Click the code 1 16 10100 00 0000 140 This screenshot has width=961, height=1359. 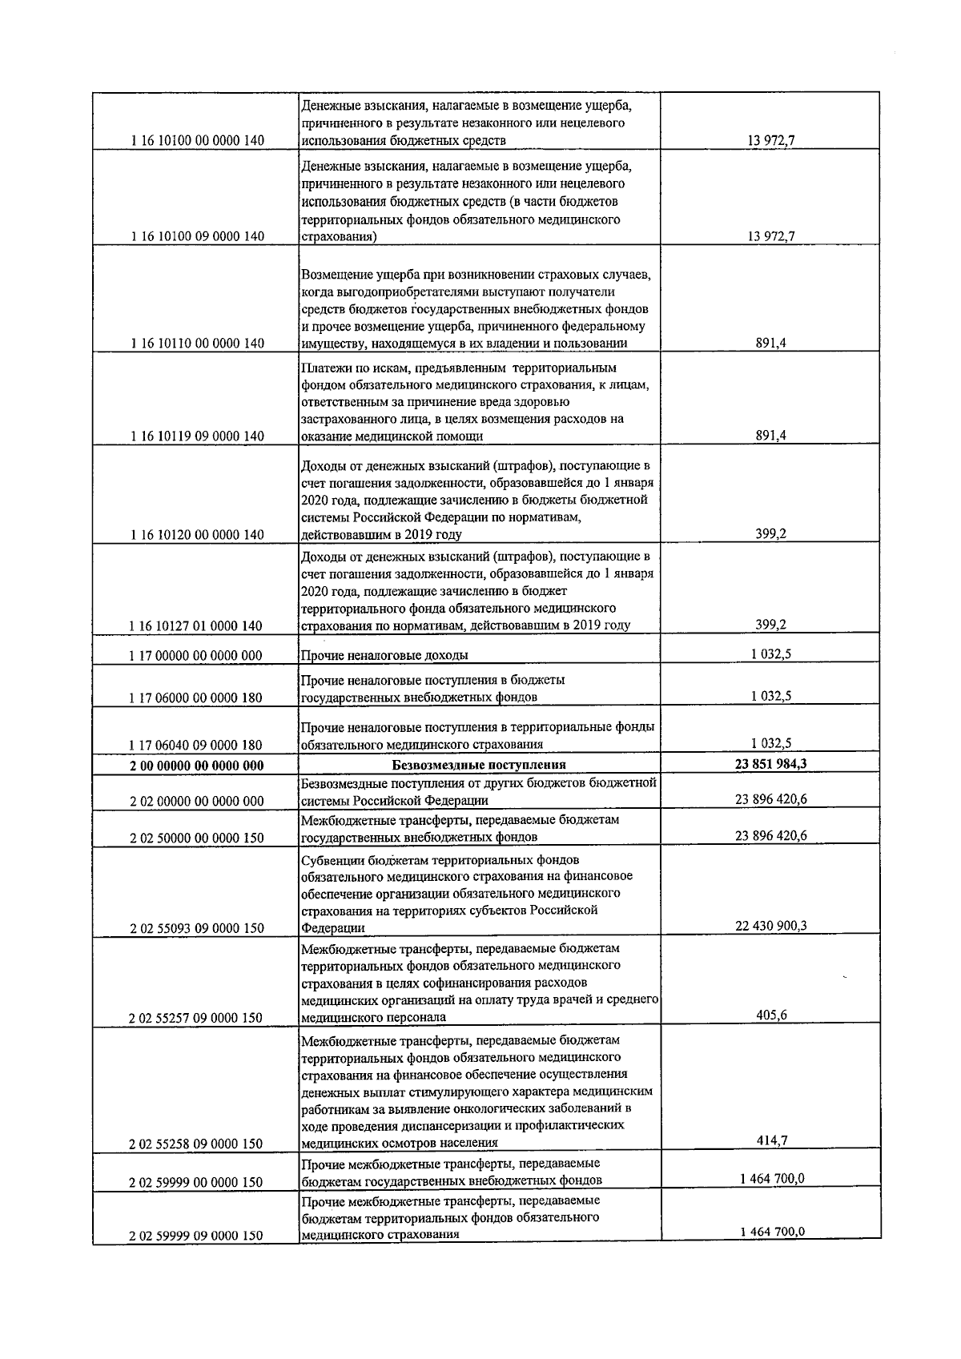196,141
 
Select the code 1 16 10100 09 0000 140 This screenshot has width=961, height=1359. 196,236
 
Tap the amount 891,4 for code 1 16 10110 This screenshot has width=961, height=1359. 770,343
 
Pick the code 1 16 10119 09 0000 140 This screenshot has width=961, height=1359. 196,436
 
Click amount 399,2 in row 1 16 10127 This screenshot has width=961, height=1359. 770,625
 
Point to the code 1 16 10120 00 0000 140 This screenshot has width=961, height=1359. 196,535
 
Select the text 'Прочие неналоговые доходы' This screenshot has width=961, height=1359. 384,655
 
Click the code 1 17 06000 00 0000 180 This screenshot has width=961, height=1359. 196,698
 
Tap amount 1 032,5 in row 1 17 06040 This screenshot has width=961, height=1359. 770,742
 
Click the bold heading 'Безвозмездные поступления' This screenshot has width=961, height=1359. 479,765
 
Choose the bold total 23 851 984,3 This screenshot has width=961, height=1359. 770,764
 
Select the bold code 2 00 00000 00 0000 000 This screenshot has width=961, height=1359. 196,766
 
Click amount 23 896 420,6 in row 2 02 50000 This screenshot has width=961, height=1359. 770,835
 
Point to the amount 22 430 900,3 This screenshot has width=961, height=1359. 770,926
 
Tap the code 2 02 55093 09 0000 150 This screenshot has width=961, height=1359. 196,928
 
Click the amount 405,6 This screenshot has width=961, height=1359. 770,1015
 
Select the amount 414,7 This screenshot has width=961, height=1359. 770,1141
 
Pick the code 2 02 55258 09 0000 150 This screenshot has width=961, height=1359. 196,1144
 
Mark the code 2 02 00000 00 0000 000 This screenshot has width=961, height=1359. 196,802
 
